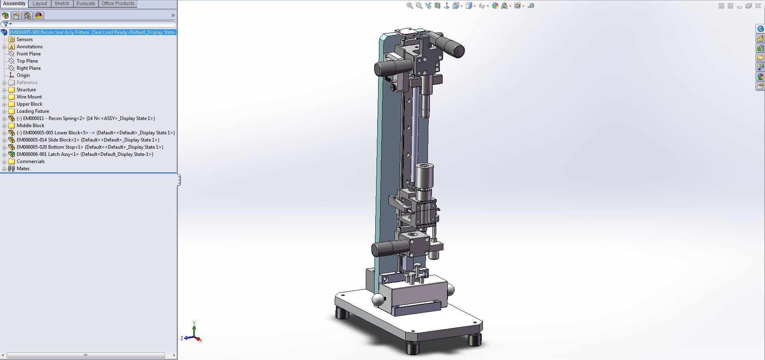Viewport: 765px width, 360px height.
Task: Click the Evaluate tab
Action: (x=86, y=4)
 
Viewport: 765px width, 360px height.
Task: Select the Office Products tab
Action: (x=118, y=4)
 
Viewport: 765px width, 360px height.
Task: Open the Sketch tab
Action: (x=62, y=4)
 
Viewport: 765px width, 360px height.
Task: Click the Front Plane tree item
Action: (x=28, y=54)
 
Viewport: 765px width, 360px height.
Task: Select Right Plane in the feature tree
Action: (x=28, y=68)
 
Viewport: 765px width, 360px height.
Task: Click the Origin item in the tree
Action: (x=23, y=75)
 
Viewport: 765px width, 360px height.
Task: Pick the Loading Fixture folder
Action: (x=33, y=111)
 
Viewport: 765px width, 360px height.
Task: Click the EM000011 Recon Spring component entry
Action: (x=86, y=118)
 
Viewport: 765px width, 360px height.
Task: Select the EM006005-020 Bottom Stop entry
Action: (x=90, y=147)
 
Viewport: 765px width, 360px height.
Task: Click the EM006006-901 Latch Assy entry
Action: (x=84, y=154)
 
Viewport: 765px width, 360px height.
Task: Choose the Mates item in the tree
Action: (x=23, y=169)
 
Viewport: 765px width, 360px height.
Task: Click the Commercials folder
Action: (x=30, y=161)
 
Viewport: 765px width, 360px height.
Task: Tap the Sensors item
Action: (x=24, y=39)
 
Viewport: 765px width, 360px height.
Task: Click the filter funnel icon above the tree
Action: (x=6, y=24)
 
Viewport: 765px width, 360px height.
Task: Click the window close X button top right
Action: (x=758, y=6)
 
